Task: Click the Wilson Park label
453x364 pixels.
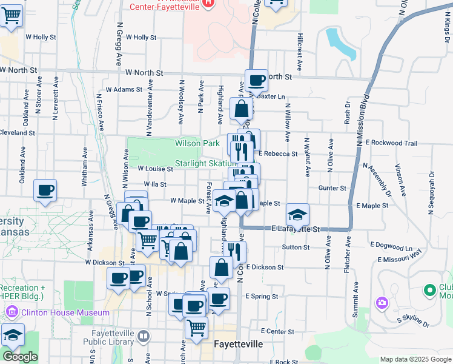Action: (x=197, y=144)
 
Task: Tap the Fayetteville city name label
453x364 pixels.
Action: (x=239, y=344)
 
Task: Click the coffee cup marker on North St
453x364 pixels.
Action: (x=256, y=80)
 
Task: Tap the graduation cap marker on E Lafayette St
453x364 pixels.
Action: (x=297, y=215)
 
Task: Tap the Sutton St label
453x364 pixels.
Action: (x=296, y=248)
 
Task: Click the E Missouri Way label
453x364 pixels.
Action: (x=399, y=258)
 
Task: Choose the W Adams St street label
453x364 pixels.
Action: (x=124, y=89)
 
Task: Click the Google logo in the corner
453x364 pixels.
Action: (x=20, y=357)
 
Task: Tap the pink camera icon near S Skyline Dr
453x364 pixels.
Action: (x=382, y=302)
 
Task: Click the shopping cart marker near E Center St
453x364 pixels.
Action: (x=196, y=328)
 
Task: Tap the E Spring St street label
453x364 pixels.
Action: (x=262, y=297)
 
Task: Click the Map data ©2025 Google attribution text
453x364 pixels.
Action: (x=415, y=359)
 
